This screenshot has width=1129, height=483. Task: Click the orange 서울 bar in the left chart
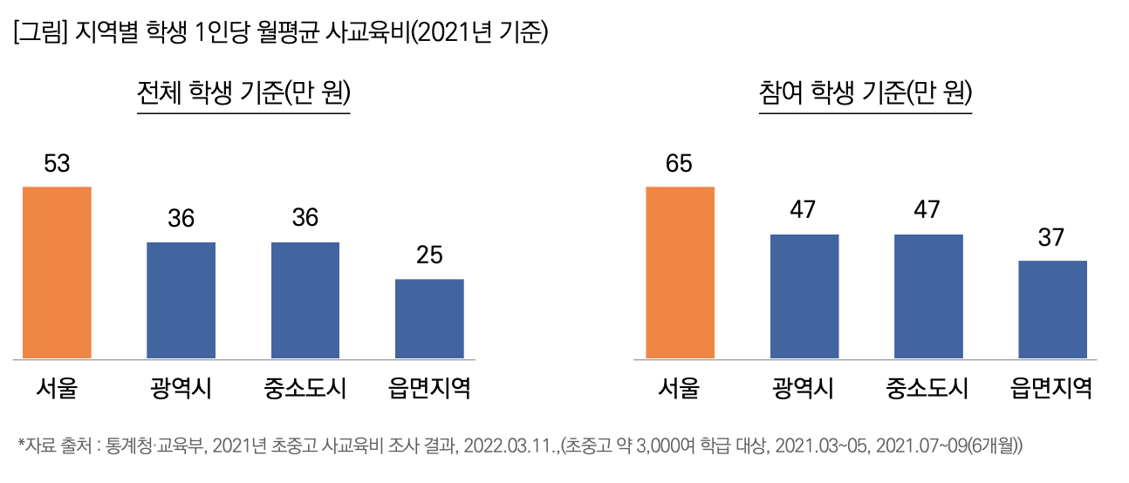point(57,272)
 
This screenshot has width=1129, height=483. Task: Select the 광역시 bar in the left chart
point(181,300)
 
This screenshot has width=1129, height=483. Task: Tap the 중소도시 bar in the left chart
point(305,300)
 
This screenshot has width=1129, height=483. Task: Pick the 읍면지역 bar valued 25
point(429,318)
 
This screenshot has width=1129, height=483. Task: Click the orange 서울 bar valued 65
point(680,272)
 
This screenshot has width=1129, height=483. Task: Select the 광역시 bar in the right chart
point(804,296)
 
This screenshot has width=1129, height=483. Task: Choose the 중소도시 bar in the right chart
point(928,296)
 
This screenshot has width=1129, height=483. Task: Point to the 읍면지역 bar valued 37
point(1052,310)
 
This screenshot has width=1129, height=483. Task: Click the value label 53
point(57,164)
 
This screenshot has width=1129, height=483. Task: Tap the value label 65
point(679,164)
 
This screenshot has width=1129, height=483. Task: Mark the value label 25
point(429,255)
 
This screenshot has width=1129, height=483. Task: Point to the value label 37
point(1052,237)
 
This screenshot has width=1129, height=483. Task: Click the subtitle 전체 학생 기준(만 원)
point(244,93)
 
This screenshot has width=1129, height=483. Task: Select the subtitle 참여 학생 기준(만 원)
point(866,93)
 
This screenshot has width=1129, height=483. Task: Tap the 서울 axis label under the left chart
point(57,387)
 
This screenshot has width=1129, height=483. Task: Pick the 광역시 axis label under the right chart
point(804,387)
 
